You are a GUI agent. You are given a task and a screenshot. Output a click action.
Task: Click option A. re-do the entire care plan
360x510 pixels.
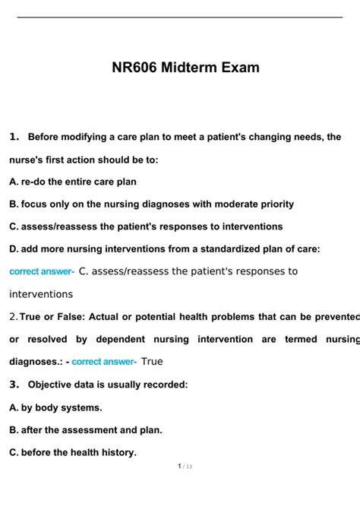73,182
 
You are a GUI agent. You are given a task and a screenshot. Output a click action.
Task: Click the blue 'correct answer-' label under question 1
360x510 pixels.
42,271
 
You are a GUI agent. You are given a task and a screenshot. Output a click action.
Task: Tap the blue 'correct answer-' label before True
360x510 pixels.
104,362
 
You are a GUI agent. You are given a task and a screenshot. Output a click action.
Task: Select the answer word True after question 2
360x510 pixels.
152,362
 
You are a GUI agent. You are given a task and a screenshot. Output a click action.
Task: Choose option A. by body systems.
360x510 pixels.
55,407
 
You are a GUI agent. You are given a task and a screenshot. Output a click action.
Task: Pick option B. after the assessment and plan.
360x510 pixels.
85,430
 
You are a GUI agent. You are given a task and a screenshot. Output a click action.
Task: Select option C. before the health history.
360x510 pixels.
73,452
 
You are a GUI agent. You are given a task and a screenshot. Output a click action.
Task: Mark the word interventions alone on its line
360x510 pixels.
41,294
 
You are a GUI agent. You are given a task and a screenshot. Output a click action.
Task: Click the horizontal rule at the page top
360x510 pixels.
180,17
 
